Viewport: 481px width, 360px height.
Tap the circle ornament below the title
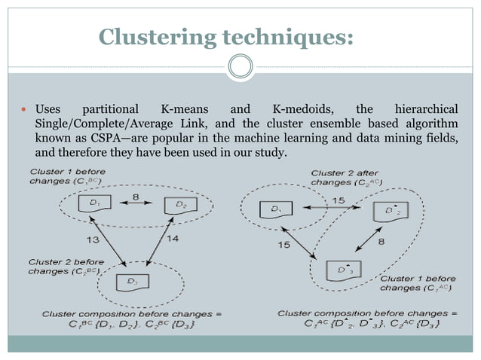tap(240, 69)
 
